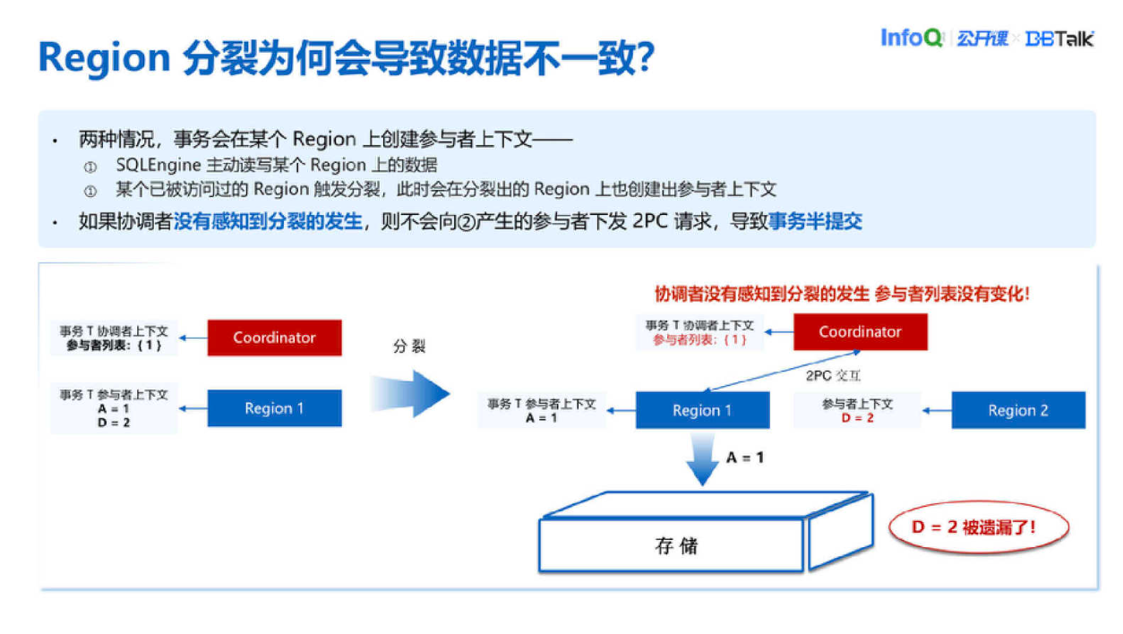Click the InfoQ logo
click(911, 38)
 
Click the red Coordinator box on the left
click(274, 338)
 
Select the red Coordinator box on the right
click(860, 331)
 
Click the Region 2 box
click(1017, 410)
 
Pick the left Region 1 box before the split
click(274, 408)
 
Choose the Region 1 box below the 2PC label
click(702, 410)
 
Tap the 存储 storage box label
click(676, 545)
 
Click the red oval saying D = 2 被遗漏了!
click(978, 527)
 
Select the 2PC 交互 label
click(833, 376)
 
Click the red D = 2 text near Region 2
click(857, 418)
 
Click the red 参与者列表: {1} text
click(699, 339)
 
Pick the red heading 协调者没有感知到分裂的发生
click(761, 294)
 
